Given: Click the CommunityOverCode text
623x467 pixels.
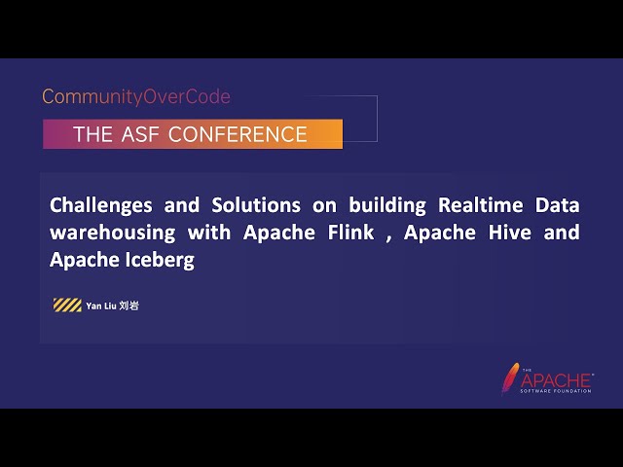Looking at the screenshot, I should point(136,97).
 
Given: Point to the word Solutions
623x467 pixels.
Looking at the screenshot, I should point(255,205).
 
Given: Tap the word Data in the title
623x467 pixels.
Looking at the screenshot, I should point(558,205).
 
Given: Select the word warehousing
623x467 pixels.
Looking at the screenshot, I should point(113,233).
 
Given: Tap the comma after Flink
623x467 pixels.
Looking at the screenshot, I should point(387,236).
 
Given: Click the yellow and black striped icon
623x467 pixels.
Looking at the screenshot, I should point(67,305).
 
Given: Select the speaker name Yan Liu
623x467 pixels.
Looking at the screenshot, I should point(101,305).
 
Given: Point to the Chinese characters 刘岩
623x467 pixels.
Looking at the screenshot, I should point(129,305).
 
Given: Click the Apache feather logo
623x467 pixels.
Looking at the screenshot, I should point(509,378).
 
